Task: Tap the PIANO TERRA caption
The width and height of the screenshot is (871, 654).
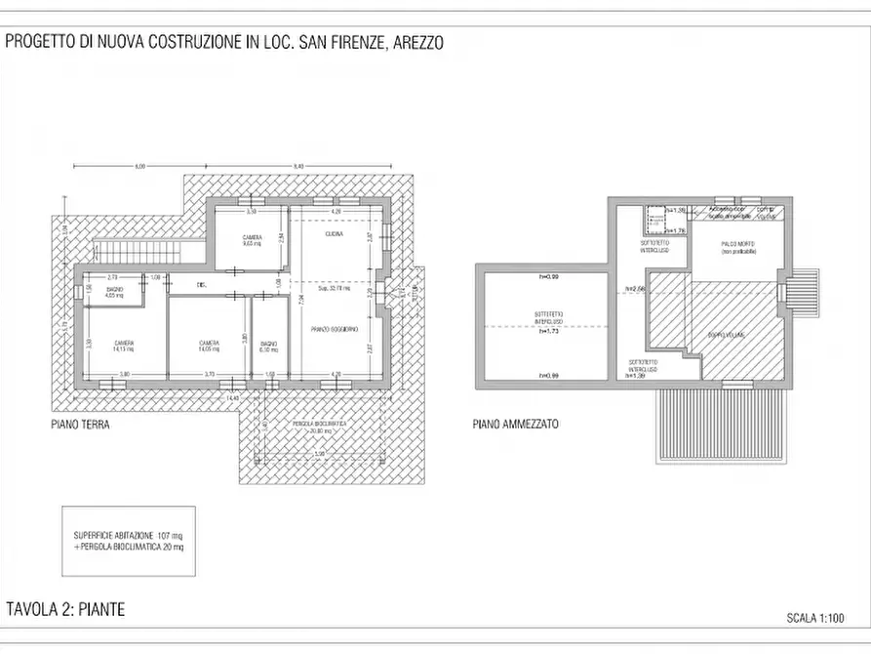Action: point(81,426)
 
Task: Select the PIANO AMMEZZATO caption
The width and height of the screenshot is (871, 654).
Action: point(516,426)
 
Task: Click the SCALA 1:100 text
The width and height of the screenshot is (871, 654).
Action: point(814,618)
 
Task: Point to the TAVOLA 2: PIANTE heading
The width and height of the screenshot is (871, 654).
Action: point(65,610)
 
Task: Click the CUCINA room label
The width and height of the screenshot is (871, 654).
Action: point(334,233)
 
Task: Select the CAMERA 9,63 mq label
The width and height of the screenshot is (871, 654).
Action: point(252,242)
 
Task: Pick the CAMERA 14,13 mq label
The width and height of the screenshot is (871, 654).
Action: point(123,346)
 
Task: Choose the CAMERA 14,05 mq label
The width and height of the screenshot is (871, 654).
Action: point(209,346)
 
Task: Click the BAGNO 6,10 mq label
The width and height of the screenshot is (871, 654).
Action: point(269,347)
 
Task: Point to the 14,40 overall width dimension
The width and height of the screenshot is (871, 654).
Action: point(232,397)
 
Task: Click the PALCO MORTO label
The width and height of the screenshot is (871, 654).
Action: point(738,247)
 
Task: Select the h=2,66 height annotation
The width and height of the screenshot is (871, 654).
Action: point(637,289)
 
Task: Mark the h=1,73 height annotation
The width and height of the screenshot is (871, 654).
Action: point(547,331)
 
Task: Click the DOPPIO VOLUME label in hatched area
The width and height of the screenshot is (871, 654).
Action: point(727,335)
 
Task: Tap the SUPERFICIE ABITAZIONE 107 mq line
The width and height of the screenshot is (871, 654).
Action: point(128,537)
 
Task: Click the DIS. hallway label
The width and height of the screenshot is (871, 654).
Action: point(202,285)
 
